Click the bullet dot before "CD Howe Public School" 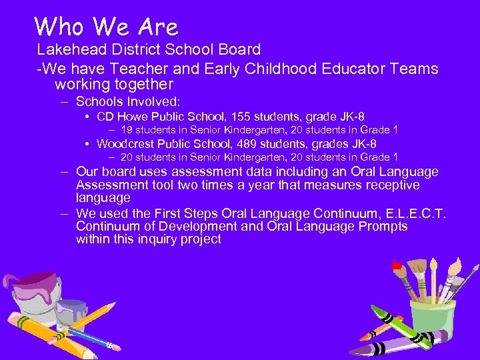pos(88,117)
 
